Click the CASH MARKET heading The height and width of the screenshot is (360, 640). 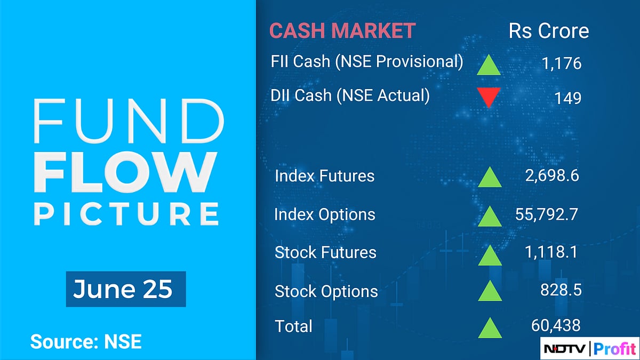pos(342,30)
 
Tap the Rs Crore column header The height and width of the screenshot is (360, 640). pos(549,31)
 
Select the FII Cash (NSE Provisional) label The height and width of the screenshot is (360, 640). pos(367,61)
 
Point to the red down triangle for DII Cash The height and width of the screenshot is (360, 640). pos(489,97)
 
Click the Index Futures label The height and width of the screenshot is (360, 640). pos(324,175)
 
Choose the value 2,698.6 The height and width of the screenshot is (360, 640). pos(552,175)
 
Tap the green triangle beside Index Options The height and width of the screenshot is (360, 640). pos(490,215)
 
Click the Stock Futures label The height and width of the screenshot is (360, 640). pos(325,252)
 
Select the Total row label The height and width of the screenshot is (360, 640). pos(293,326)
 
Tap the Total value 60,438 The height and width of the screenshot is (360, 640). pos(555,324)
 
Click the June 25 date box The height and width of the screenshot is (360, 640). pos(125,289)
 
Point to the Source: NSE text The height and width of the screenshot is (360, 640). pos(86,341)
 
